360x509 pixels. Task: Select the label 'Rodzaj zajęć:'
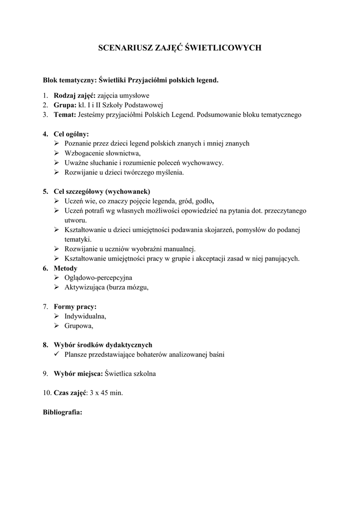point(75,95)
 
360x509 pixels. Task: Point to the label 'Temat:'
point(65,115)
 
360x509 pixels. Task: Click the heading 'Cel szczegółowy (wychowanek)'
point(102,191)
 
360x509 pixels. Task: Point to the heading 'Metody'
point(66,268)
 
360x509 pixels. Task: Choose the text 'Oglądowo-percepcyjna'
point(98,277)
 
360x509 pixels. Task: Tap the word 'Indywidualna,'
point(85,316)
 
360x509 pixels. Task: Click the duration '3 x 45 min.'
point(106,393)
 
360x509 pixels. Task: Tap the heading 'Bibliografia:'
point(63,412)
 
